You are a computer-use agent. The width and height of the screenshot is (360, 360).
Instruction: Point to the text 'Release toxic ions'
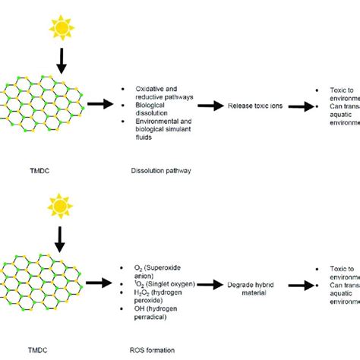click(254, 106)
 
